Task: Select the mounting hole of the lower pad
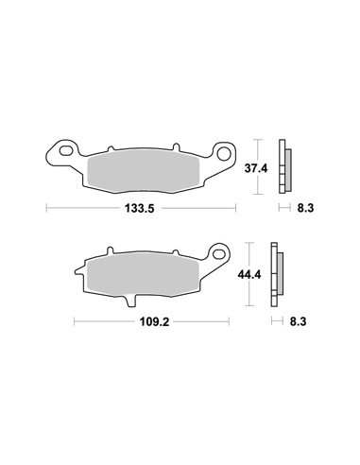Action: click(x=218, y=252)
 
